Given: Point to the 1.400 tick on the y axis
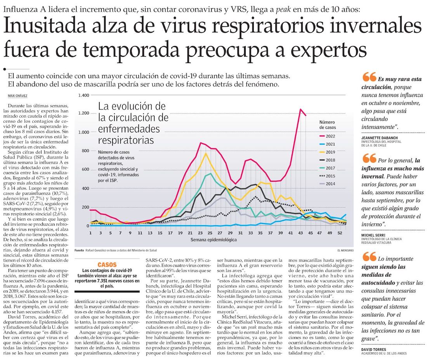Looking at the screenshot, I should (83, 96).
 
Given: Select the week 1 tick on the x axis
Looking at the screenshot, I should (90, 233).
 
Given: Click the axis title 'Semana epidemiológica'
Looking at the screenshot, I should (213, 240).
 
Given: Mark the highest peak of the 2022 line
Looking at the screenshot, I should (300, 109).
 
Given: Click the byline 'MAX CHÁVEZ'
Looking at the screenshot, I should (17, 96).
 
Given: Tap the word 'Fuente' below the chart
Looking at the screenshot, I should (79, 250).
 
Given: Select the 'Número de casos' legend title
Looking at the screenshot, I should (328, 124).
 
